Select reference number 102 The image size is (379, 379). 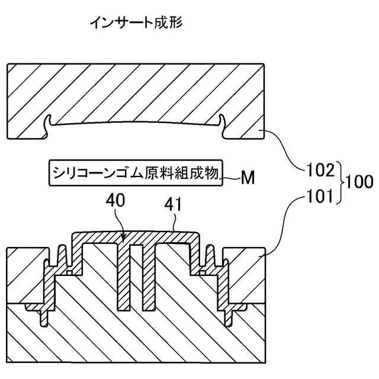click(x=320, y=172)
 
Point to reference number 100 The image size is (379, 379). click(x=359, y=182)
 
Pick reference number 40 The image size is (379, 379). click(x=115, y=201)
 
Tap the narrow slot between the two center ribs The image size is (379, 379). click(x=136, y=278)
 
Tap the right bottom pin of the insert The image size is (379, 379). click(x=229, y=317)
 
